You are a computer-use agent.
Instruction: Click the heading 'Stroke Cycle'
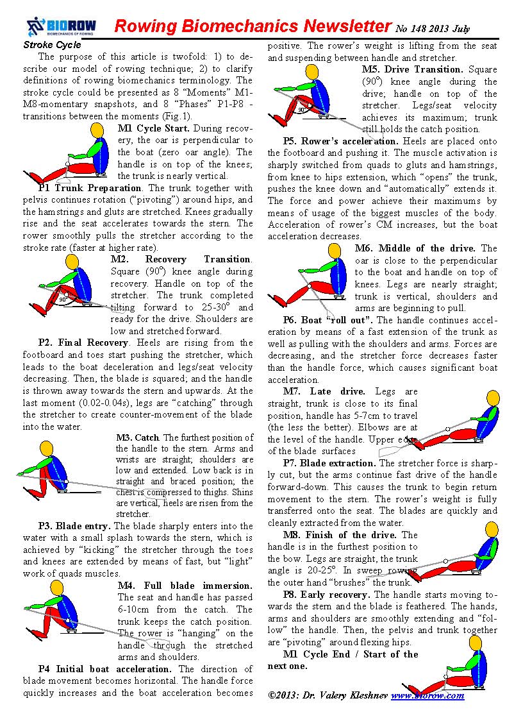pyautogui.click(x=52, y=45)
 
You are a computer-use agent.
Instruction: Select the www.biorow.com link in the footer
pyautogui.click(x=427, y=695)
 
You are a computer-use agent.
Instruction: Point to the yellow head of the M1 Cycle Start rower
pyautogui.click(x=97, y=130)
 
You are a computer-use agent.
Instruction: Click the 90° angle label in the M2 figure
pyautogui.click(x=62, y=300)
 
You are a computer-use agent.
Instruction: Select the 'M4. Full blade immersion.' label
pyautogui.click(x=185, y=586)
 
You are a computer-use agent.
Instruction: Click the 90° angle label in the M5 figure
pyautogui.click(x=301, y=110)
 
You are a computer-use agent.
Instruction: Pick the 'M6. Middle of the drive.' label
pyautogui.click(x=426, y=248)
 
